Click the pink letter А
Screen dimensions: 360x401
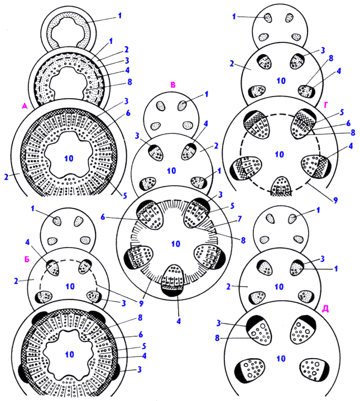pos(25,106)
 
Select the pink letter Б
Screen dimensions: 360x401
pos(27,259)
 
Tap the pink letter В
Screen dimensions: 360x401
pos(173,85)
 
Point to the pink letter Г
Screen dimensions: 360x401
pos(326,105)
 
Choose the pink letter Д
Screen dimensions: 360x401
pos(325,309)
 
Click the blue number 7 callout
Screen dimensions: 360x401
pos(239,219)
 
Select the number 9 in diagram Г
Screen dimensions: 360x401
pos(335,200)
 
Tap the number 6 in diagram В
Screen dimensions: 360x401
pos(103,217)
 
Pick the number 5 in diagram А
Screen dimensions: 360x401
pos(125,196)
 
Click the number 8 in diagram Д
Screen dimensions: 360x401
pos(217,338)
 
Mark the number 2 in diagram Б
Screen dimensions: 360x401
pos(16,281)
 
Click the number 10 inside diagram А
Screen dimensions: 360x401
pos(69,158)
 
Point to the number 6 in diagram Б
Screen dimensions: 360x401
pos(141,334)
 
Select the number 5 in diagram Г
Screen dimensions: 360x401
pos(342,112)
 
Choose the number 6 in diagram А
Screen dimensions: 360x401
pos(128,113)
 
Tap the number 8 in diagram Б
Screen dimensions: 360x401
pos(140,317)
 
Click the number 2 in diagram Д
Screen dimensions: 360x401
pos(228,287)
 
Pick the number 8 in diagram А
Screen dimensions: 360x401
pos(129,82)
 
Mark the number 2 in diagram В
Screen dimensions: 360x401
pos(216,146)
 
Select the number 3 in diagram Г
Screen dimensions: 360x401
pos(323,50)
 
